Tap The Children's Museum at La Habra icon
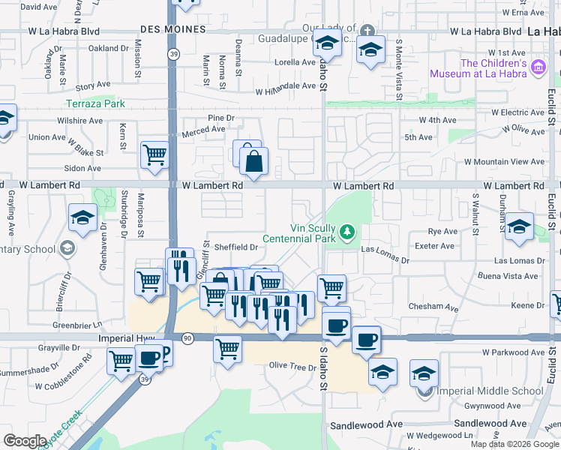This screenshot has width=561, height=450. click(x=537, y=68)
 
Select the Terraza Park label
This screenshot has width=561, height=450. click(x=95, y=103)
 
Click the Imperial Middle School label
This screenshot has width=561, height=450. click(x=491, y=391)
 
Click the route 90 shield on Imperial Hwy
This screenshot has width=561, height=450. click(x=187, y=338)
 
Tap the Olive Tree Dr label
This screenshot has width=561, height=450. click(x=292, y=367)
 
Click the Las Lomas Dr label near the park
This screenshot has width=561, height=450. click(x=385, y=255)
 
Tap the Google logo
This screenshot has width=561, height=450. click(x=25, y=440)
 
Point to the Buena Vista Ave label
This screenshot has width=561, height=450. click(x=509, y=276)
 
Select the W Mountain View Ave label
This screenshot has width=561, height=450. click(x=504, y=162)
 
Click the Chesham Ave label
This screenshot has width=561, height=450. click(x=433, y=307)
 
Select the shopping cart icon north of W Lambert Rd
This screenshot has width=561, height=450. click(x=155, y=154)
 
